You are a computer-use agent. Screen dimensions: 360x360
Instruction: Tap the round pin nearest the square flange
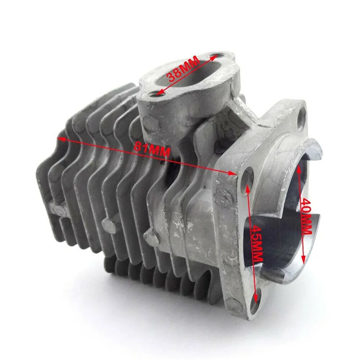[x=148, y=235]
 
